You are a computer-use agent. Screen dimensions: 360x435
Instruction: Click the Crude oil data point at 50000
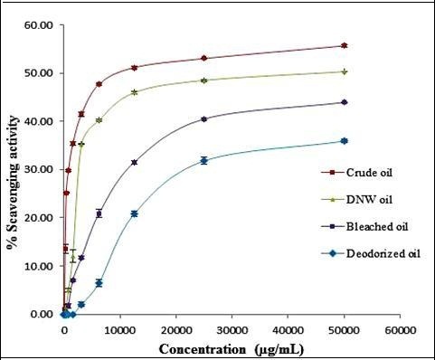[x=344, y=45]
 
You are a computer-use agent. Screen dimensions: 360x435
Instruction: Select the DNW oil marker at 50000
[x=344, y=71]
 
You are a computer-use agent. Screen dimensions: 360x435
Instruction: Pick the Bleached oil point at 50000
[x=344, y=102]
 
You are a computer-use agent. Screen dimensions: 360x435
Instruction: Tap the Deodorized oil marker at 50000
[x=344, y=141]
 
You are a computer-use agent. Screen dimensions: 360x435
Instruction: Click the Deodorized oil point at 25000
[x=203, y=161]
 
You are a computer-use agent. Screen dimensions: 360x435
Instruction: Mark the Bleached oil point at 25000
[x=203, y=119]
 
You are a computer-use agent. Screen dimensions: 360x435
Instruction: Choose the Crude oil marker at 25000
[x=203, y=58]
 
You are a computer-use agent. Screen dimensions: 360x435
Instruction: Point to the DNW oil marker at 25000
[x=203, y=81]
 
